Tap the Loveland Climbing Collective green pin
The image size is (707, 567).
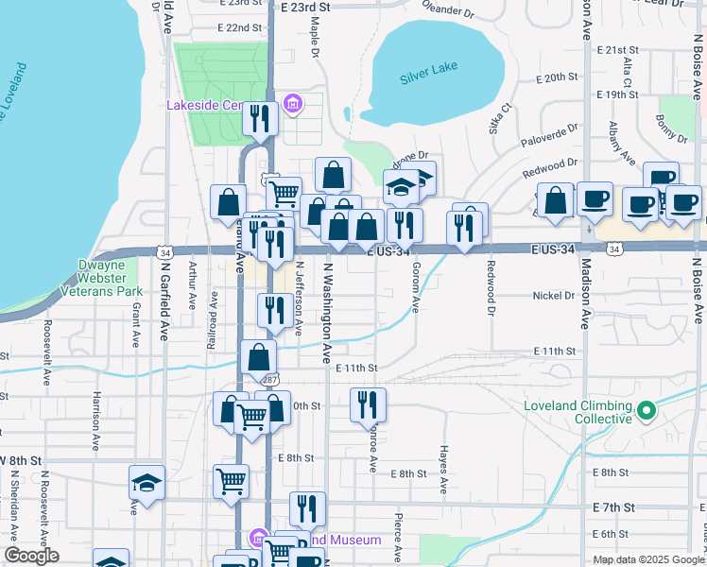(x=647, y=411)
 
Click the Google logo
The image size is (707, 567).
(x=31, y=556)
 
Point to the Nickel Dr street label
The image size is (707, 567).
(x=555, y=296)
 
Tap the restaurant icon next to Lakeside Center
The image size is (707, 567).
(x=259, y=119)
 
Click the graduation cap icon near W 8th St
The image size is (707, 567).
(x=147, y=483)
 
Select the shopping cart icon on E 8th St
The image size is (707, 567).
(x=231, y=482)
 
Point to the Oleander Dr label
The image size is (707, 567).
(x=448, y=11)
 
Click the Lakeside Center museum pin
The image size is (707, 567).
(x=292, y=103)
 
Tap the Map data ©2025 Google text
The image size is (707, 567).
(x=646, y=559)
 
